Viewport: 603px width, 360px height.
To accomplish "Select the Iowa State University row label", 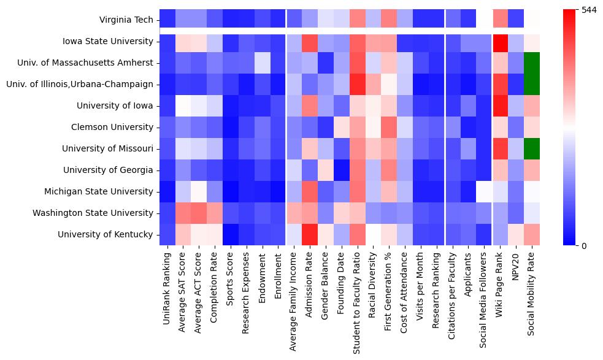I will click(108, 41).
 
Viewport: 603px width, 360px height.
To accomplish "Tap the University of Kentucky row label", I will click(106, 234).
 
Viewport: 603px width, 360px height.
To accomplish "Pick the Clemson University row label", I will click(115, 127).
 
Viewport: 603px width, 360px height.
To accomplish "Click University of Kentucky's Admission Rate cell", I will click(310, 234).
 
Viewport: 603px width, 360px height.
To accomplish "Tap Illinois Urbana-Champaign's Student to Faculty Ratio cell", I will click(358, 84).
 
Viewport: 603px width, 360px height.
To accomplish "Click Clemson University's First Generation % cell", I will click(390, 127).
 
